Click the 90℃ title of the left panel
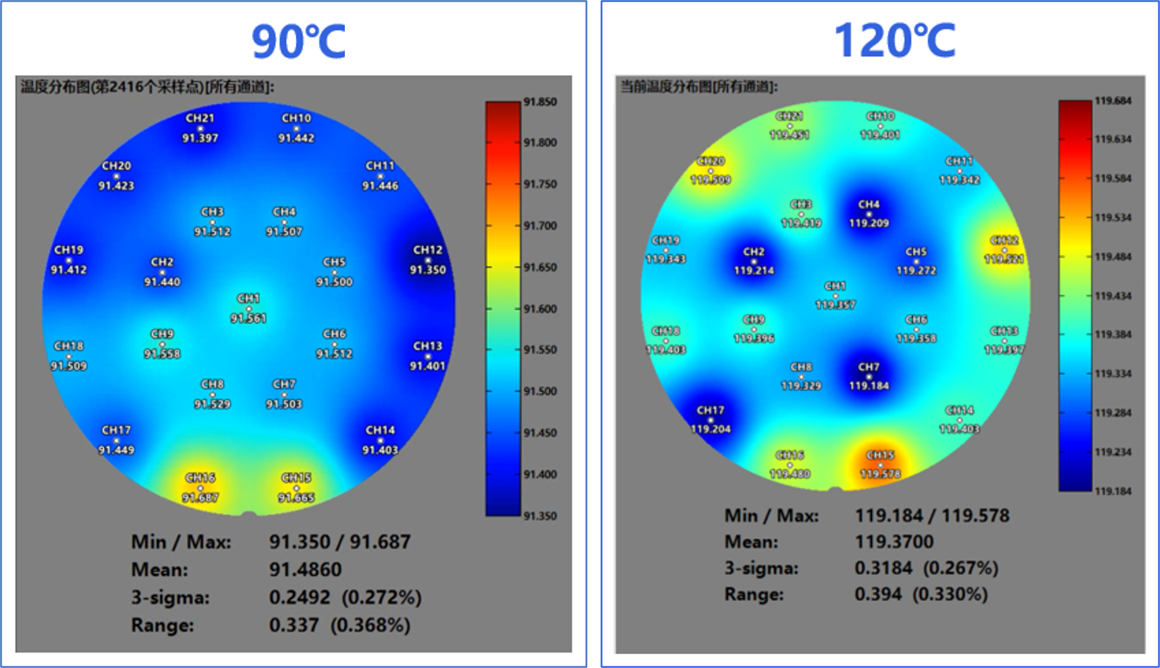299,41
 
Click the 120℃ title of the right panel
895,40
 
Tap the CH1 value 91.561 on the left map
249,319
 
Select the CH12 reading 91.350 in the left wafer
428,270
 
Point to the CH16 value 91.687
200,498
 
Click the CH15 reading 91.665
296,498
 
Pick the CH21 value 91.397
200,138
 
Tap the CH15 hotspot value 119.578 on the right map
880,474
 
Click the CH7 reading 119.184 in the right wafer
868,385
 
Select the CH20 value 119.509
710,181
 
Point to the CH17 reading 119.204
710,429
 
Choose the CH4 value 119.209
868,224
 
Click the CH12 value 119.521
1004,259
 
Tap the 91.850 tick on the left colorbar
541,102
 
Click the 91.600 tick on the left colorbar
541,309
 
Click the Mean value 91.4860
305,569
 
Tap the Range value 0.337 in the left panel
291,625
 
